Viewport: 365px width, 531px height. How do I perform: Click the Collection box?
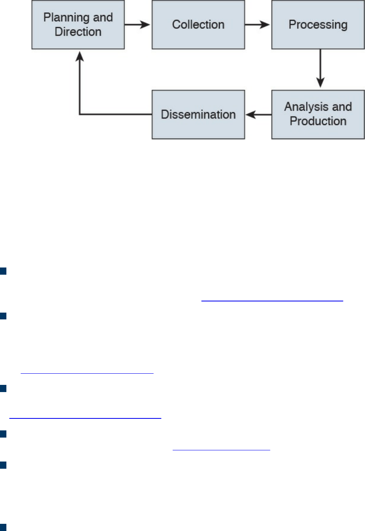[x=198, y=25]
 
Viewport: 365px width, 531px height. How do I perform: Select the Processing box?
[x=318, y=25]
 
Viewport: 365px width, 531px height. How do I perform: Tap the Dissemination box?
[x=198, y=115]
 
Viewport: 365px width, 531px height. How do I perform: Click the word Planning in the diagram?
[x=67, y=18]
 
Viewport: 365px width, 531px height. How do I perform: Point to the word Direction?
[x=78, y=32]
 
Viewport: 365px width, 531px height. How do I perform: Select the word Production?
[x=318, y=121]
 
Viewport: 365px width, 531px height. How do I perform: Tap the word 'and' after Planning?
[x=103, y=18]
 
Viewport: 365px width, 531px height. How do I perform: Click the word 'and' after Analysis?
[x=342, y=107]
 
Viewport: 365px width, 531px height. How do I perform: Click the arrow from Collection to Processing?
[x=258, y=25]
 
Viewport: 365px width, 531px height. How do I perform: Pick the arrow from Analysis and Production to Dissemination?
[x=258, y=115]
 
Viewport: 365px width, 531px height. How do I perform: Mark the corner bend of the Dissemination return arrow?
[x=80, y=115]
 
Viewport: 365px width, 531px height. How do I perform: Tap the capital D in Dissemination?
[x=164, y=115]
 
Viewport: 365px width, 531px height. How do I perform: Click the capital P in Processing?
[x=292, y=25]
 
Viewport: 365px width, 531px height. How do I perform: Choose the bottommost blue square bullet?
[x=3, y=527]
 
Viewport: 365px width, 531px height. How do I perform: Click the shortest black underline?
[x=221, y=450]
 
